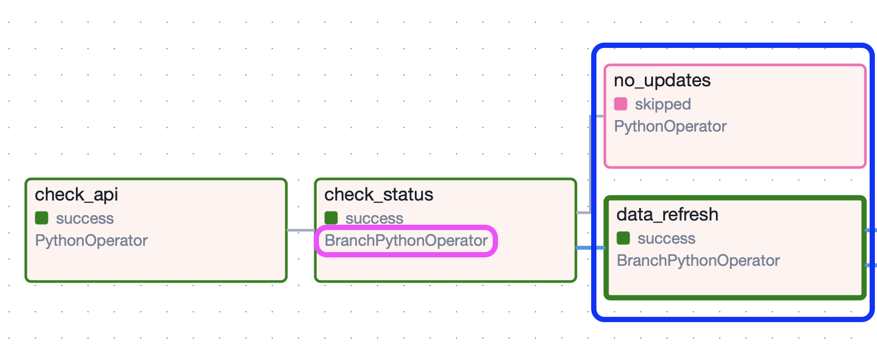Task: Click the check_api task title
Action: (76, 195)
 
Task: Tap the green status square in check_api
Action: (42, 218)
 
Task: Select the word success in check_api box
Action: (85, 218)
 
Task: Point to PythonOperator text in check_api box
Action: (91, 241)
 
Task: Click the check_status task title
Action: (378, 195)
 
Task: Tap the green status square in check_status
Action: (331, 218)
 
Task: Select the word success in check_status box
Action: (374, 218)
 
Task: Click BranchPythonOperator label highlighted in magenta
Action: (406, 241)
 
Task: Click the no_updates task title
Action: (662, 81)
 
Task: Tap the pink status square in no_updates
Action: (621, 104)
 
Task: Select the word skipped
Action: (663, 104)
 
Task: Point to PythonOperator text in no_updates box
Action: (670, 126)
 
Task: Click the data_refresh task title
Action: (667, 215)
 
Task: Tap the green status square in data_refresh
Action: (623, 238)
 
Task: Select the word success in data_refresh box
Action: (666, 238)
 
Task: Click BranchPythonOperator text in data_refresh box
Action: (698, 261)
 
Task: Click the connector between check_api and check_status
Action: (301, 230)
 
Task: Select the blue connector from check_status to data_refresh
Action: (590, 247)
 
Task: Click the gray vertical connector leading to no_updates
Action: (590, 163)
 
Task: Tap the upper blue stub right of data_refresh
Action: (871, 230)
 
